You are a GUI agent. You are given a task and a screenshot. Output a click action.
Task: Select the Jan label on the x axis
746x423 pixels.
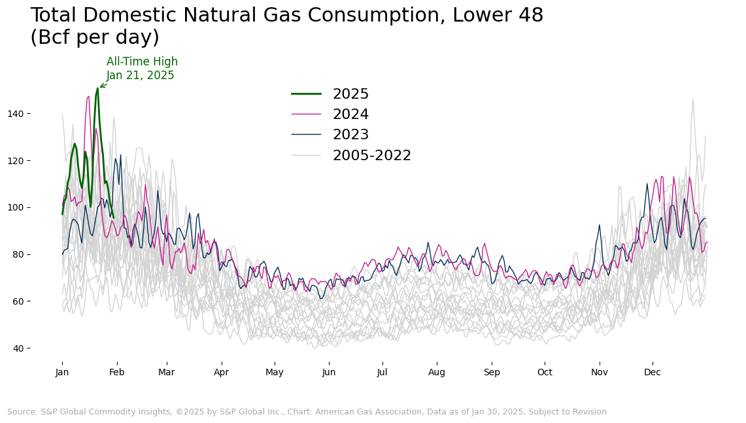pyautogui.click(x=62, y=373)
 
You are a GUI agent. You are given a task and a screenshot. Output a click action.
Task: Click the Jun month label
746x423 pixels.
pyautogui.click(x=329, y=373)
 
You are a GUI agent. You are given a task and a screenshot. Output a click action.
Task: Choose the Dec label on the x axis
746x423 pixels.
pyautogui.click(x=653, y=373)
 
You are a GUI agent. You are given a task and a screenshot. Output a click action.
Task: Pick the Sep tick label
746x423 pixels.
pyautogui.click(x=492, y=373)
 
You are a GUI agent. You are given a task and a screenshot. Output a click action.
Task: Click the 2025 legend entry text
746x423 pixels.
pyautogui.click(x=350, y=94)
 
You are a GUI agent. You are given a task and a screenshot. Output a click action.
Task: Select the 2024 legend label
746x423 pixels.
pyautogui.click(x=350, y=114)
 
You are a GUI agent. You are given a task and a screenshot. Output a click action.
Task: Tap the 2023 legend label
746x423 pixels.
pyautogui.click(x=350, y=135)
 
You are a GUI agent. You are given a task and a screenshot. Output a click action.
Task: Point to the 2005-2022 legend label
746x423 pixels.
pyautogui.click(x=371, y=156)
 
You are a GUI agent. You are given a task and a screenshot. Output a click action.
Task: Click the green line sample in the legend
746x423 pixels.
pyautogui.click(x=306, y=94)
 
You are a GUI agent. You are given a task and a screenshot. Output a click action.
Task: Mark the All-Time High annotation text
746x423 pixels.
pyautogui.click(x=142, y=62)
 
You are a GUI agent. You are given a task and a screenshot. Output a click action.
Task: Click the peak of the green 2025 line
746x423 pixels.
pyautogui.click(x=97, y=88)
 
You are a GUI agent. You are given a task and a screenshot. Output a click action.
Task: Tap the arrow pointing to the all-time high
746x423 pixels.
pyautogui.click(x=103, y=85)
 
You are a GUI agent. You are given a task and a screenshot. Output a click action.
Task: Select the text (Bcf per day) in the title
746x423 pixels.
pyautogui.click(x=95, y=38)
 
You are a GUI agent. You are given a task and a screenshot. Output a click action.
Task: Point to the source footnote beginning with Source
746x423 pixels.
pyautogui.click(x=307, y=412)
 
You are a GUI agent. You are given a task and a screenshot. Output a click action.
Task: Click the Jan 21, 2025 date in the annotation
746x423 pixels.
pyautogui.click(x=141, y=76)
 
